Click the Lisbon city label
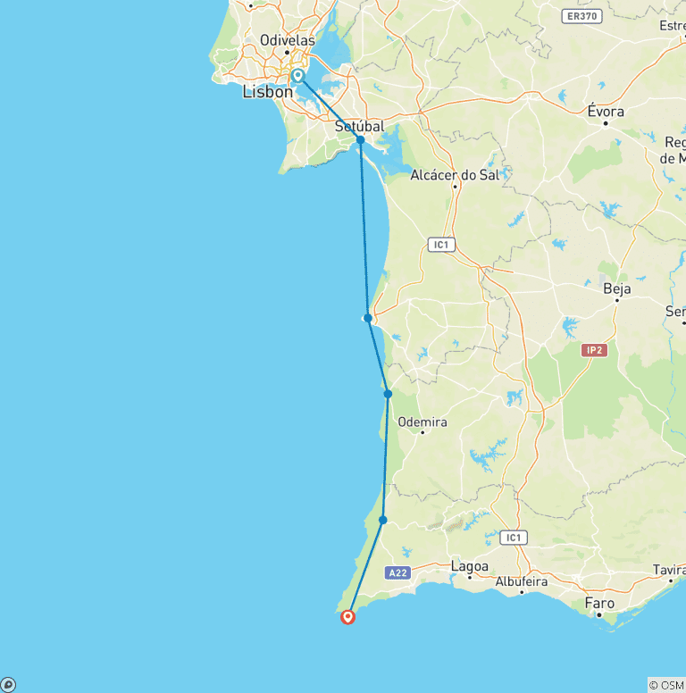pos(267,92)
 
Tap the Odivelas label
pos(287,40)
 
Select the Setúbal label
pos(359,127)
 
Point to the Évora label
pos(605,112)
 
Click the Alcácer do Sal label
pos(454,175)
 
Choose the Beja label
pos(617,288)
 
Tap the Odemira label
pos(422,422)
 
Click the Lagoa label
pos(470,566)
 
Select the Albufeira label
pos(522,581)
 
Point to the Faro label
pos(599,604)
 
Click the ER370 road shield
pos(582,16)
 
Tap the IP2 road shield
pos(593,350)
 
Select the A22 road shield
pos(397,572)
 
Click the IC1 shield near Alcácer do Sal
pos(439,244)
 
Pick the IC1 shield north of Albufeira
pos(513,538)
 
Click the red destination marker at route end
pos(347,615)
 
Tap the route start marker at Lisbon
pos(297,76)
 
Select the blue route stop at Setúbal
pos(360,140)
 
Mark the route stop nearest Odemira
pos(388,394)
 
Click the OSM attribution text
pos(666,685)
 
